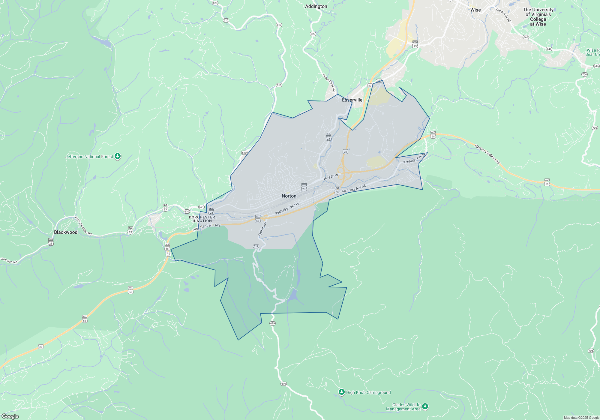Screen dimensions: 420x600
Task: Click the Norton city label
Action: point(289,196)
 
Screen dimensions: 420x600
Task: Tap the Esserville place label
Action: point(352,100)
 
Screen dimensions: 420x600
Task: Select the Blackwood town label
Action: point(66,232)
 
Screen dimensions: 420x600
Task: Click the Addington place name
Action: point(316,6)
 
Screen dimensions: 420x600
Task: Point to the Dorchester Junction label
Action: point(202,219)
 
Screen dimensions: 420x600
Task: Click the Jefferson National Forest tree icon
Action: point(118,156)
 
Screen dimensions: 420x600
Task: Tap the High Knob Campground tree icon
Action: point(341,392)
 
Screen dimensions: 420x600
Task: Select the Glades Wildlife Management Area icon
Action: point(425,406)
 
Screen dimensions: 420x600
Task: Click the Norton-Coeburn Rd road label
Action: point(487,154)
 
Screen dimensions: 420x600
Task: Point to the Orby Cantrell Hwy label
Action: point(206,227)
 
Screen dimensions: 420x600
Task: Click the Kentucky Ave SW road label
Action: point(287,209)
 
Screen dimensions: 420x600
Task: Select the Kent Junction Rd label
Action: point(83,226)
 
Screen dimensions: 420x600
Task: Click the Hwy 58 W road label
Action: point(331,177)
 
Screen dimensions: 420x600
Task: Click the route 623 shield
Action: point(215,3)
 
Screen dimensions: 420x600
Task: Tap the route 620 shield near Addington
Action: point(313,34)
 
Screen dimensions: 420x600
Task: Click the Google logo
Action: point(10,416)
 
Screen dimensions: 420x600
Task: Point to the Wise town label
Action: point(475,10)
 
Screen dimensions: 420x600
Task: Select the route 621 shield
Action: point(201,207)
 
